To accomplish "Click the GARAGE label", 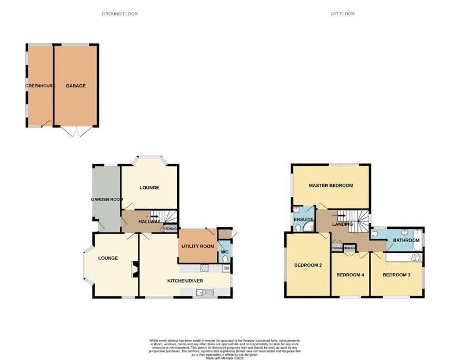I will click(76, 86).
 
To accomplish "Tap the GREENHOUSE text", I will click(40, 86).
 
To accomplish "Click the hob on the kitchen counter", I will click(205, 268).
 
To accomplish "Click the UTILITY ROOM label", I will click(198, 246).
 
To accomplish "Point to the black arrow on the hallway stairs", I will click(154, 216).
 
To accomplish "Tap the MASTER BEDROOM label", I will click(331, 186).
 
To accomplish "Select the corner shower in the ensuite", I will click(298, 227).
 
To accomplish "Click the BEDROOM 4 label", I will click(350, 275).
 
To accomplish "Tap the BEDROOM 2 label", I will click(307, 265).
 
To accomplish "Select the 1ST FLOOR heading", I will click(343, 14).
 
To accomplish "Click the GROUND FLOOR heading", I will click(120, 14).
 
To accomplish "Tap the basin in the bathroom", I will click(404, 232).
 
